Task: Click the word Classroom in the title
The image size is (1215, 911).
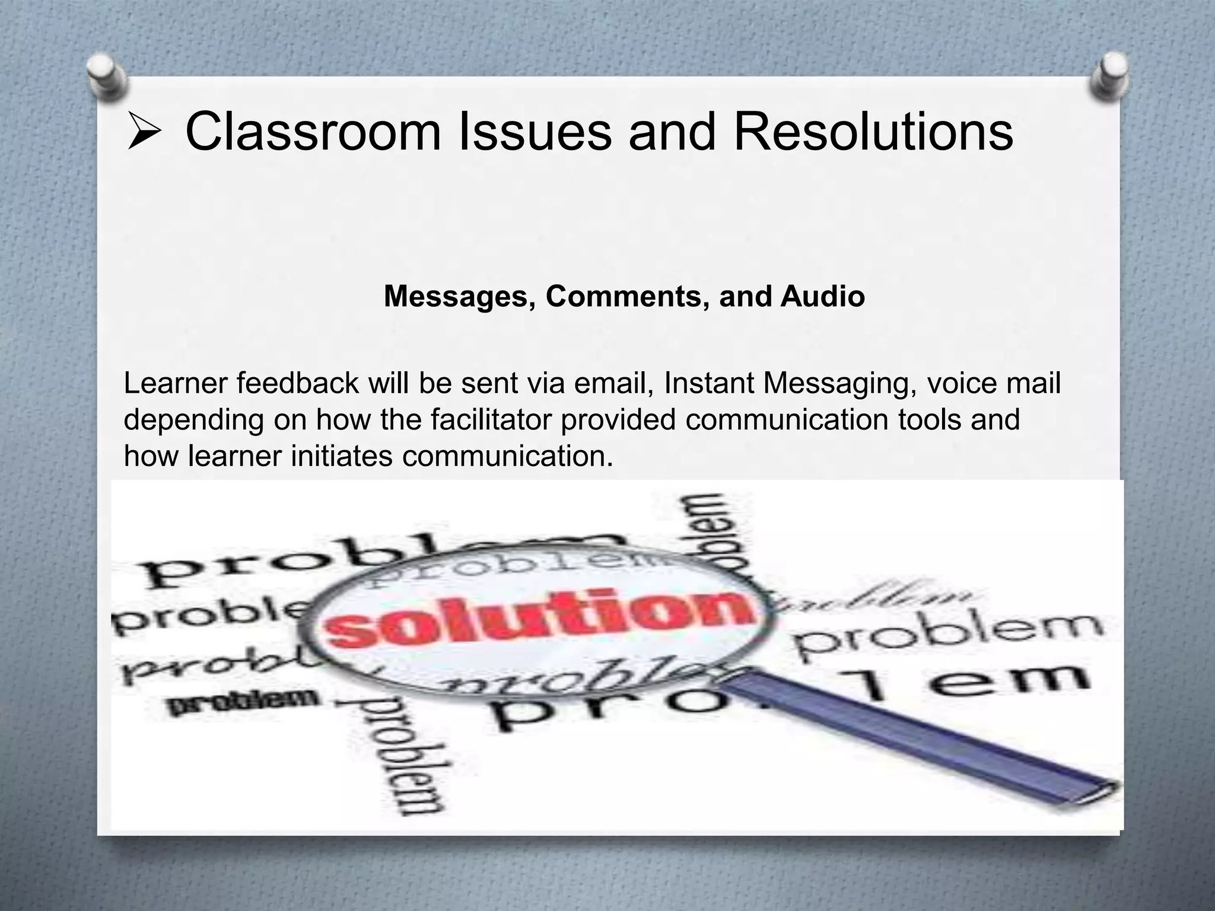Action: (x=313, y=132)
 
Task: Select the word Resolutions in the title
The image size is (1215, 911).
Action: (x=873, y=132)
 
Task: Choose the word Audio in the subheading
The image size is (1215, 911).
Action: (x=822, y=297)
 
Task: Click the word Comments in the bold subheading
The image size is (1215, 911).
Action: (x=627, y=297)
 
